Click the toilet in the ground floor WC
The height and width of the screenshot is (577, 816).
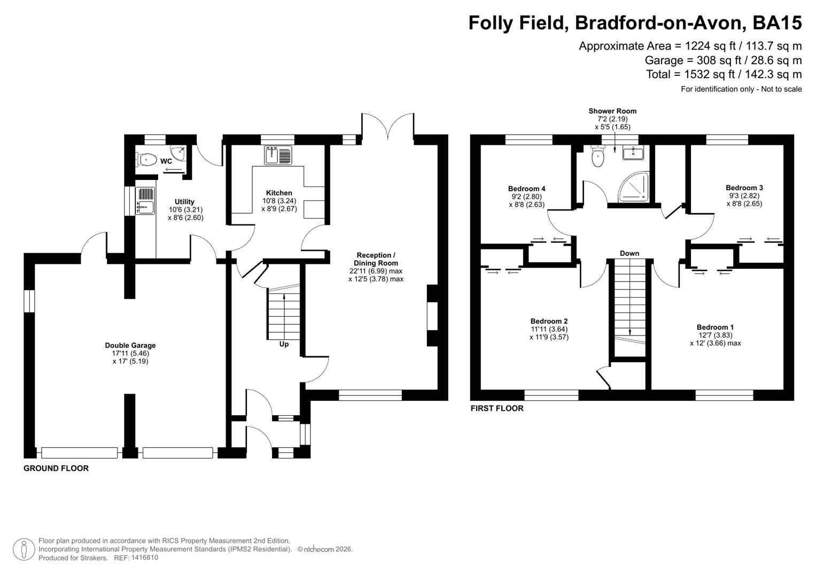(x=147, y=159)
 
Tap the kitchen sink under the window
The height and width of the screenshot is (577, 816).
(x=278, y=155)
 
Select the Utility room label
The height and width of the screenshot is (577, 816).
(x=184, y=202)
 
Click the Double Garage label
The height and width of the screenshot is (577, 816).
(x=130, y=346)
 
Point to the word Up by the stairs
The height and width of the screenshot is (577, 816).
(x=284, y=344)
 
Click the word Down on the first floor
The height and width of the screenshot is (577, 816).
(x=629, y=253)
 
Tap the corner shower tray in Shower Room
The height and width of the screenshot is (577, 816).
(x=634, y=186)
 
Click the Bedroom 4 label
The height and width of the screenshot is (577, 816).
(x=526, y=189)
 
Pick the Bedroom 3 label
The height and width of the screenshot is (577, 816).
(x=744, y=188)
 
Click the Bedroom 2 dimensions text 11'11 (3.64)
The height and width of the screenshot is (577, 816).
(x=549, y=329)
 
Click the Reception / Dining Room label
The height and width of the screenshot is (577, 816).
(x=376, y=259)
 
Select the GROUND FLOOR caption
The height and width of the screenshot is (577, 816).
(x=56, y=469)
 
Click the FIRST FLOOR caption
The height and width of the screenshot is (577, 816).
(x=496, y=409)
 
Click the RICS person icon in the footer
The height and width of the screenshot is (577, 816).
(x=24, y=549)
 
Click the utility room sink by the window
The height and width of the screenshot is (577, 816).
(x=145, y=201)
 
